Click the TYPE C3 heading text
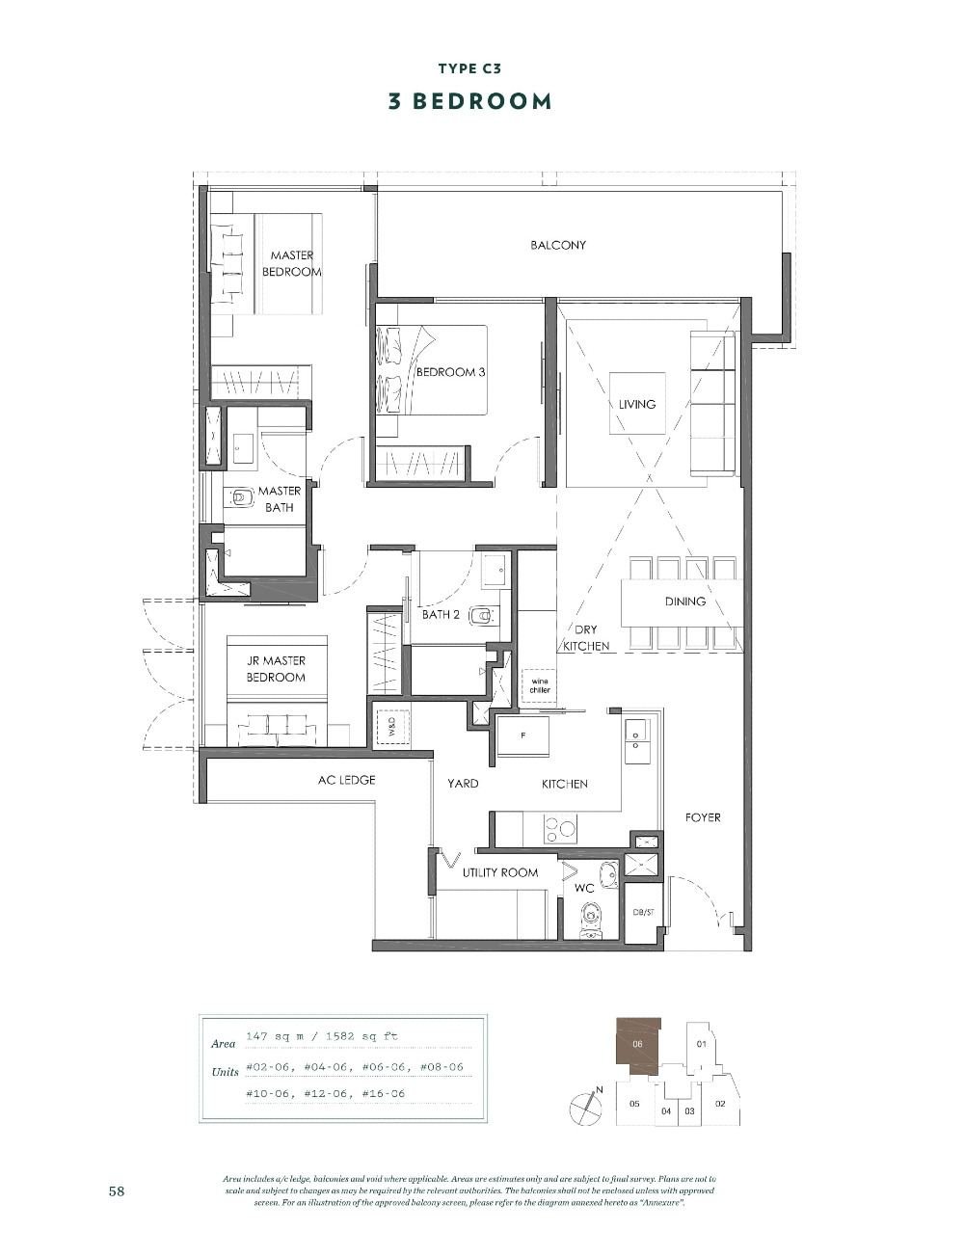tap(469, 68)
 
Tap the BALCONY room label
tap(557, 245)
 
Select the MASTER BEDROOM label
tap(292, 263)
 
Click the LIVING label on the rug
tap(637, 404)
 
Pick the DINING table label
tap(684, 601)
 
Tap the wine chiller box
tap(539, 686)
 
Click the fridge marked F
tap(522, 735)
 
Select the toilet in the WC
tap(590, 922)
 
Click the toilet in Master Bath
tap(240, 497)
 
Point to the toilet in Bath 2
tap(483, 615)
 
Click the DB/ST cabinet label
tap(643, 912)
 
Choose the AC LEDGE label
tap(346, 780)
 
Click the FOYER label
tap(703, 817)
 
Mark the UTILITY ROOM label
tap(500, 872)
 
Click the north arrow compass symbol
tap(585, 1109)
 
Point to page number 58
tap(117, 1191)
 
